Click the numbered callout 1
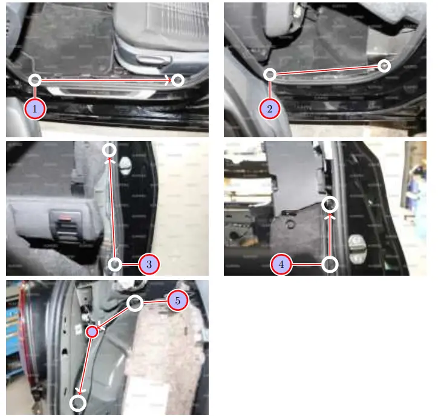[x=35, y=109]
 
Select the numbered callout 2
[x=270, y=109]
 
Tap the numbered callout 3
[x=148, y=264]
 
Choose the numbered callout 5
[x=177, y=301]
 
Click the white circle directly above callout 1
[x=35, y=80]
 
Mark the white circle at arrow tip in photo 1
[x=177, y=80]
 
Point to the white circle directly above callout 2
[x=270, y=74]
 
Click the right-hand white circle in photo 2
[x=384, y=65]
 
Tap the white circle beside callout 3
[x=115, y=264]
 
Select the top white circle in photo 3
[x=109, y=149]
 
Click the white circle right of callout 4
[x=330, y=264]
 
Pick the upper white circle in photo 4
[x=330, y=204]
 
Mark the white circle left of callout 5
[x=136, y=303]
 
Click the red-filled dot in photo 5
[x=92, y=331]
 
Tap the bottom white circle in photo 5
[x=78, y=403]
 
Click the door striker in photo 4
[x=358, y=246]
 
